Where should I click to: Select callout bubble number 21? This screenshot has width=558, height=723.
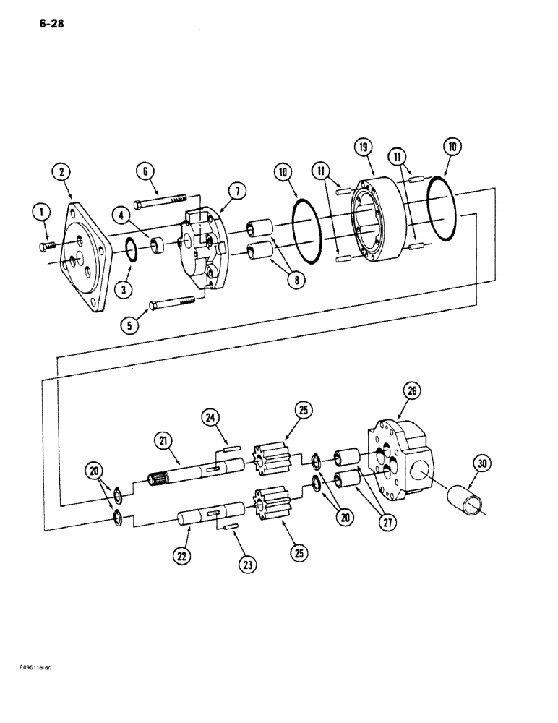point(162,440)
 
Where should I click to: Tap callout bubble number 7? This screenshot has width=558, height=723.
point(238,191)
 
